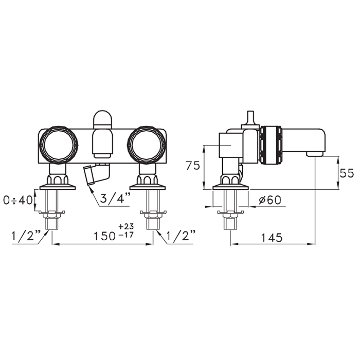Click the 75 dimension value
point(193,166)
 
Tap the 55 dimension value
point(347,173)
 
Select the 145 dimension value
point(272,237)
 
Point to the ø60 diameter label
point(270,200)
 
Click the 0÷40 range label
point(18,201)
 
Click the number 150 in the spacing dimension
point(105,236)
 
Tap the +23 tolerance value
point(126,226)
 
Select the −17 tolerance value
point(126,235)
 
